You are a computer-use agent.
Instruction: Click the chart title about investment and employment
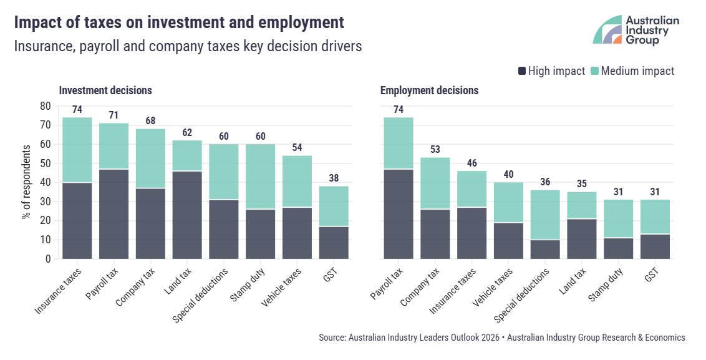[x=178, y=23]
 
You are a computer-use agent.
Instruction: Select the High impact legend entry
[x=551, y=71]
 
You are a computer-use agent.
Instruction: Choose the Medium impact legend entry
[x=632, y=71]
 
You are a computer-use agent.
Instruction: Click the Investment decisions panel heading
[x=105, y=90]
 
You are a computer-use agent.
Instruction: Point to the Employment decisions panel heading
[x=429, y=90]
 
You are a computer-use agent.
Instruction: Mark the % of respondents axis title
[x=27, y=182]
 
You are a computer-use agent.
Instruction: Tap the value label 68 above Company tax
[x=151, y=120]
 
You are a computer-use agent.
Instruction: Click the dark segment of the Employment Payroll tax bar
[x=399, y=213]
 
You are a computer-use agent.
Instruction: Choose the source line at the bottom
[x=501, y=338]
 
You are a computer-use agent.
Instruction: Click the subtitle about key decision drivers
[x=188, y=47]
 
